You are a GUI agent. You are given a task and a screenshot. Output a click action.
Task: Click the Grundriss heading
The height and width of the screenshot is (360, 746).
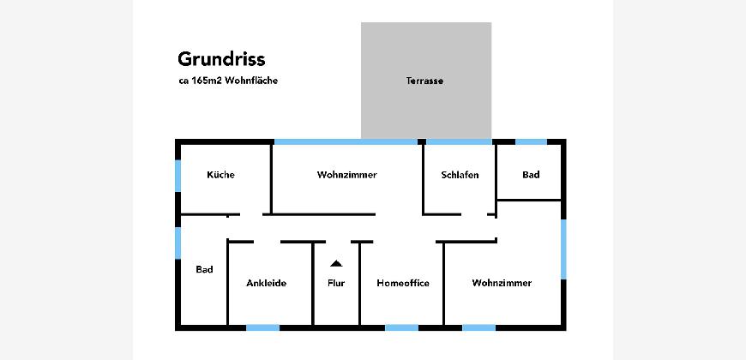(x=221, y=59)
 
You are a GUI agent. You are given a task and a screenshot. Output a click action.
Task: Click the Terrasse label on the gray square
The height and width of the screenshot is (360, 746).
(x=424, y=81)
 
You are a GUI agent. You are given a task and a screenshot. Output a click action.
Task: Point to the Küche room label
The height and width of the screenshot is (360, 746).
(x=220, y=175)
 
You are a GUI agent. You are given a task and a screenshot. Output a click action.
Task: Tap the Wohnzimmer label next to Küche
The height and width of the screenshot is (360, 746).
(x=346, y=175)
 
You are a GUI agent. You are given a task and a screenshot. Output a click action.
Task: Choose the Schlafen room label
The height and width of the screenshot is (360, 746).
(x=460, y=175)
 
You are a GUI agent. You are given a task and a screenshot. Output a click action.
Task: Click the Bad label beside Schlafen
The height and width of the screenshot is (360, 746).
(x=531, y=175)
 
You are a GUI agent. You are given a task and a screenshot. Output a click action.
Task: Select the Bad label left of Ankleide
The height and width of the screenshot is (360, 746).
(x=203, y=269)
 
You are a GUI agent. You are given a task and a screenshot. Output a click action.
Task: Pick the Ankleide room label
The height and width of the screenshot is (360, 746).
(x=266, y=283)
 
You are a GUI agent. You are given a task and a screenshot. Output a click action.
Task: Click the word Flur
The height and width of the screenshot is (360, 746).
(x=336, y=283)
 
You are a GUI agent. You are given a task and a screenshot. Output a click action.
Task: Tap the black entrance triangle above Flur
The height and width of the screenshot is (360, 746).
(x=336, y=263)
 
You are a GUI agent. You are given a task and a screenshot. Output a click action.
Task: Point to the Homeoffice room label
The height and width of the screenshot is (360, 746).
(x=403, y=283)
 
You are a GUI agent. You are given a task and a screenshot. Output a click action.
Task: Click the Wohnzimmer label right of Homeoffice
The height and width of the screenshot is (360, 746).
(x=502, y=283)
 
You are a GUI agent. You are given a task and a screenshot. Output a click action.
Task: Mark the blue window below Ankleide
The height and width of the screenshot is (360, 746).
(x=262, y=327)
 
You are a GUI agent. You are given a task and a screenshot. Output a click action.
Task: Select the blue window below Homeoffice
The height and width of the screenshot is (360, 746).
(x=401, y=327)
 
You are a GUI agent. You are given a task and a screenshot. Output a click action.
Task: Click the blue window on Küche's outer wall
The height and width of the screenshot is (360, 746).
(x=178, y=177)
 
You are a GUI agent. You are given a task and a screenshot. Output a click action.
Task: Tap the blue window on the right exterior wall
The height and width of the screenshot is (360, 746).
(x=563, y=249)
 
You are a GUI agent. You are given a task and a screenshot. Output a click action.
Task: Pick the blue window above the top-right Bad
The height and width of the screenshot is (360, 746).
(x=531, y=141)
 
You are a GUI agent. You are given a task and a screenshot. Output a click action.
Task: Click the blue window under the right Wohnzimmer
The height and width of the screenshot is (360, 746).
(x=478, y=327)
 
